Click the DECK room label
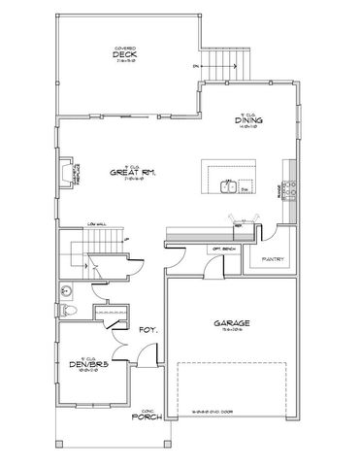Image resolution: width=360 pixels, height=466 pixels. click(123, 54)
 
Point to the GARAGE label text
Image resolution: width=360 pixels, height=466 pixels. click(230, 324)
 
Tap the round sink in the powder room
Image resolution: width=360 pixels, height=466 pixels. click(65, 290)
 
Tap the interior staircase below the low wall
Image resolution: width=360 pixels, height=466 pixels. click(102, 256)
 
